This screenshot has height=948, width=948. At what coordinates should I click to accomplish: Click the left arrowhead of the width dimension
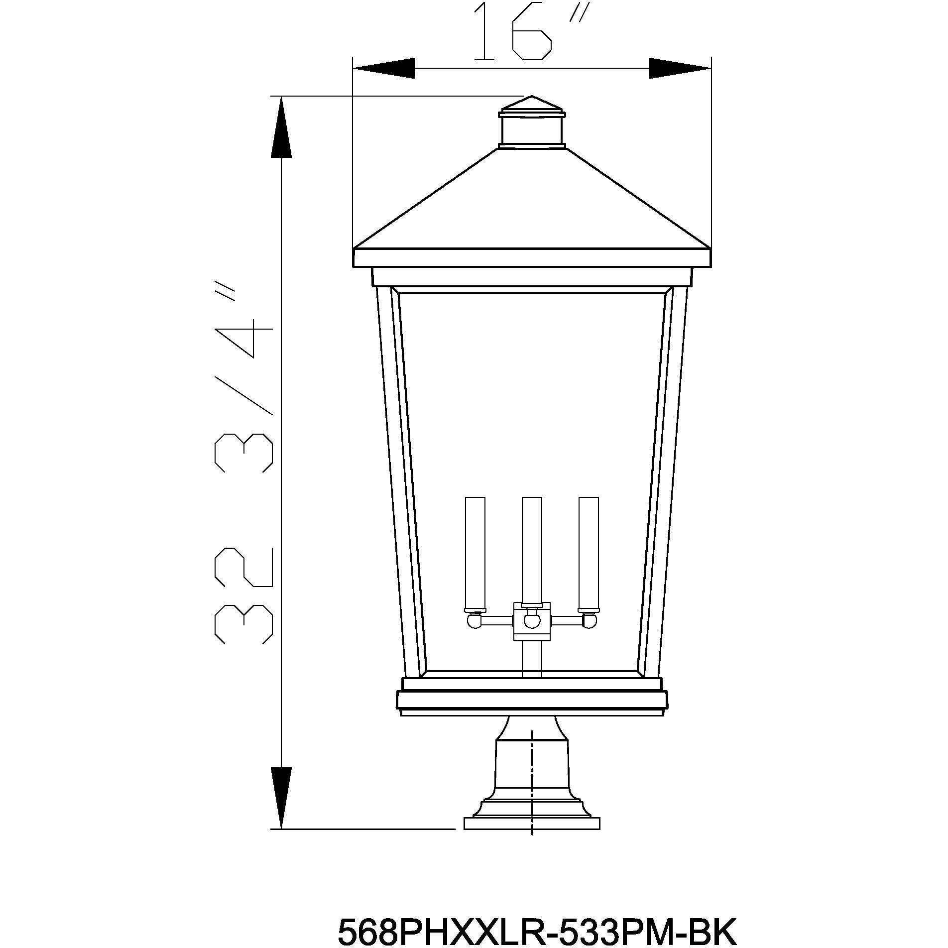coord(383,68)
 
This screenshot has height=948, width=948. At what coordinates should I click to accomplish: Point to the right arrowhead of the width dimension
coord(680,68)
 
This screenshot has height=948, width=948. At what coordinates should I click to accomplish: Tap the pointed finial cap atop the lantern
coord(532,105)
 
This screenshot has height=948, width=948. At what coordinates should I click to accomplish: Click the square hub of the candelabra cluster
coord(532,620)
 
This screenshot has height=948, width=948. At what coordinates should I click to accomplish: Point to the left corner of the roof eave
coord(355,248)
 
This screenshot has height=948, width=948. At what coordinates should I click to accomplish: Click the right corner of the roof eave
coord(709,248)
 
